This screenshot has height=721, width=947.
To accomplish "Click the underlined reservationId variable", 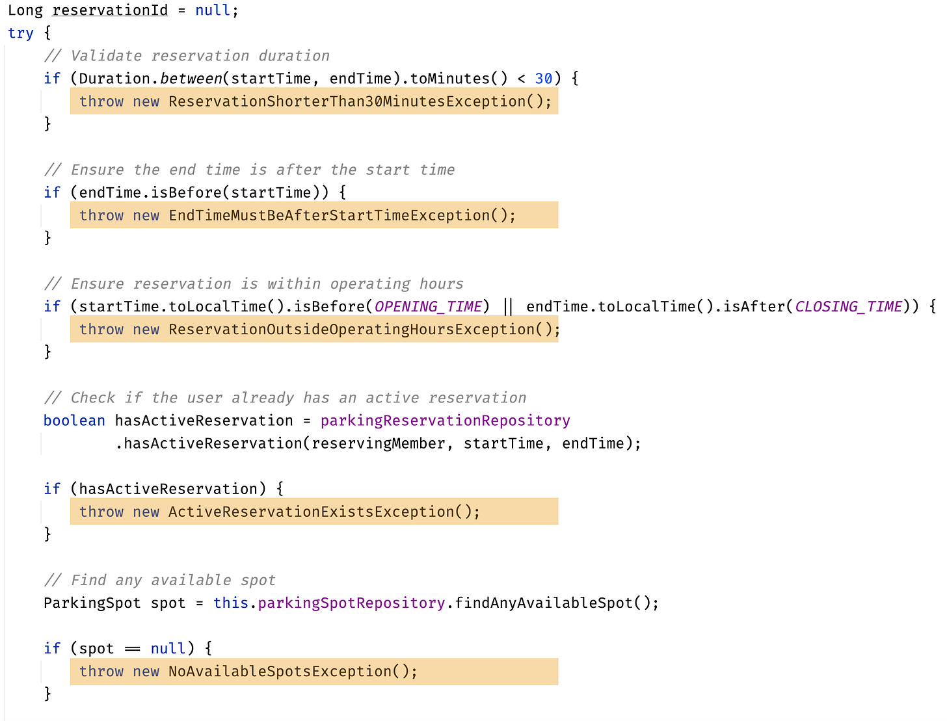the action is [110, 10].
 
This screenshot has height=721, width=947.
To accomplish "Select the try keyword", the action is [21, 33].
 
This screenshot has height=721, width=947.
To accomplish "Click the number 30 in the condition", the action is [544, 79].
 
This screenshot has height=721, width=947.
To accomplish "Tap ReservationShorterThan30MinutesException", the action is [347, 101].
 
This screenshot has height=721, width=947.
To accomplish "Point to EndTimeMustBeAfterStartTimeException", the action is [329, 215].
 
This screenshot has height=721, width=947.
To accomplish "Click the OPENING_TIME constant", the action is [428, 306].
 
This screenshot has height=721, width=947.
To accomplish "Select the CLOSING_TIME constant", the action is [849, 306].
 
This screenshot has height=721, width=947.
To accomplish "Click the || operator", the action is [508, 306].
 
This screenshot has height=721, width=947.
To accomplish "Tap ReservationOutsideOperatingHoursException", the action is [351, 330].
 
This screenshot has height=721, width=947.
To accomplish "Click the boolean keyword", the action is [74, 421].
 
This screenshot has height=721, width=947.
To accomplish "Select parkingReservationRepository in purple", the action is [445, 421].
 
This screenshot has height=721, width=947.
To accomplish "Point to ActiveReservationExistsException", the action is [311, 512].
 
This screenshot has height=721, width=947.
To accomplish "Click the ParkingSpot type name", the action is [92, 603].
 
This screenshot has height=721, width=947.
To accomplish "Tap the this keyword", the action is [231, 603].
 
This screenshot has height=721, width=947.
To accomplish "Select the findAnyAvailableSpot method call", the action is [543, 603].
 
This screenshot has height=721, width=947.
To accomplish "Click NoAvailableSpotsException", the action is [280, 671].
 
